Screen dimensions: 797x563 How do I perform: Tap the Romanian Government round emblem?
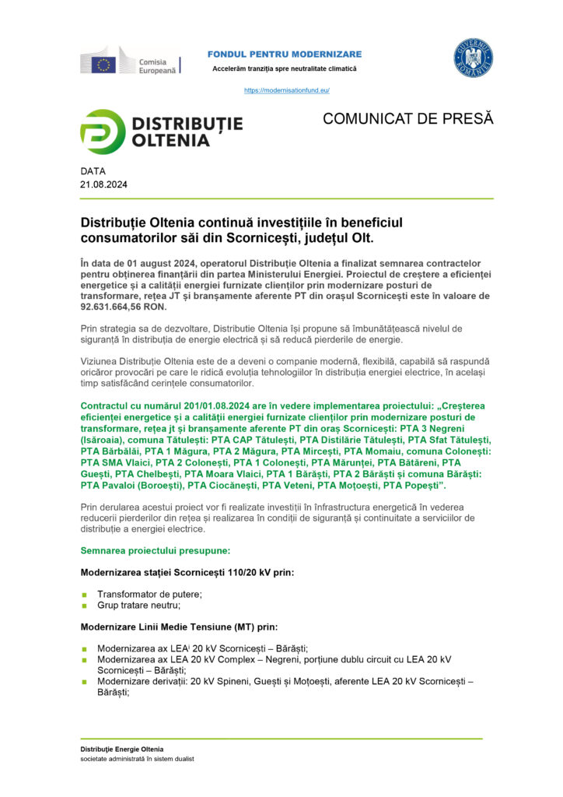click(473, 59)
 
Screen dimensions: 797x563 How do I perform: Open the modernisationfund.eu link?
click(287, 90)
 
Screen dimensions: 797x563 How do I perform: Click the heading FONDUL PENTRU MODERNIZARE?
click(284, 54)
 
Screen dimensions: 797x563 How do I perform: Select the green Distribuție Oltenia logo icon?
click(103, 132)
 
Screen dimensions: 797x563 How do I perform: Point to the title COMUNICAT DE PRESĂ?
click(407, 119)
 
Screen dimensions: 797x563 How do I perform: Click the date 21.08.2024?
click(103, 184)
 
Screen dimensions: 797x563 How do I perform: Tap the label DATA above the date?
click(93, 170)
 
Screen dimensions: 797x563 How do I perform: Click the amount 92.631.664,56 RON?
click(124, 307)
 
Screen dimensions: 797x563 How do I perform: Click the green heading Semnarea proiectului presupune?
click(156, 550)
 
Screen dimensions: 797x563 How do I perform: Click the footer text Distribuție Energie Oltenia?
click(122, 749)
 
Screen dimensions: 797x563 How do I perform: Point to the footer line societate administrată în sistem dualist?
click(137, 759)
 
